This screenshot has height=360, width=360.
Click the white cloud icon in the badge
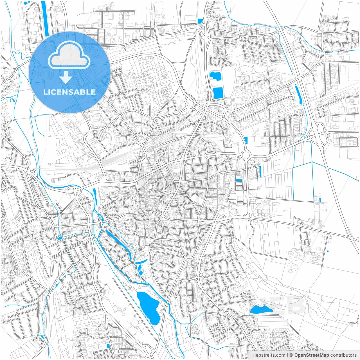pos(69,55)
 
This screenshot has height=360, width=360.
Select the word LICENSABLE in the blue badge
pos(69,92)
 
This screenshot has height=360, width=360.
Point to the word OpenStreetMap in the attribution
pos(311,355)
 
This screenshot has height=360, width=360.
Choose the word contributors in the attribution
pos(343,355)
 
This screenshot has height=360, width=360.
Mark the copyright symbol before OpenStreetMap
pos(291,355)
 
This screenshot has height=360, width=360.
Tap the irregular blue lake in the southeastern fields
pos(260,309)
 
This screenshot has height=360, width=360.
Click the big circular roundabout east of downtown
pos(246,155)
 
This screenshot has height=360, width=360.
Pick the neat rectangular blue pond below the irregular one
pos(218,93)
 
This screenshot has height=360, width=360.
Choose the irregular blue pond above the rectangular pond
pos(215,76)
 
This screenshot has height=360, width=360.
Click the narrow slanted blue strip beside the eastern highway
pos(299,94)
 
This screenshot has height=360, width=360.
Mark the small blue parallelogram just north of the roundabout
pos(246,140)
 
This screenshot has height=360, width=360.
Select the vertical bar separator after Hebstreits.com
pos(287,355)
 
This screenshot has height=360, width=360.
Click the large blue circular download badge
pos(69,72)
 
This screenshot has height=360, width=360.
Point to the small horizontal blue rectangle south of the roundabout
pos(239,180)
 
